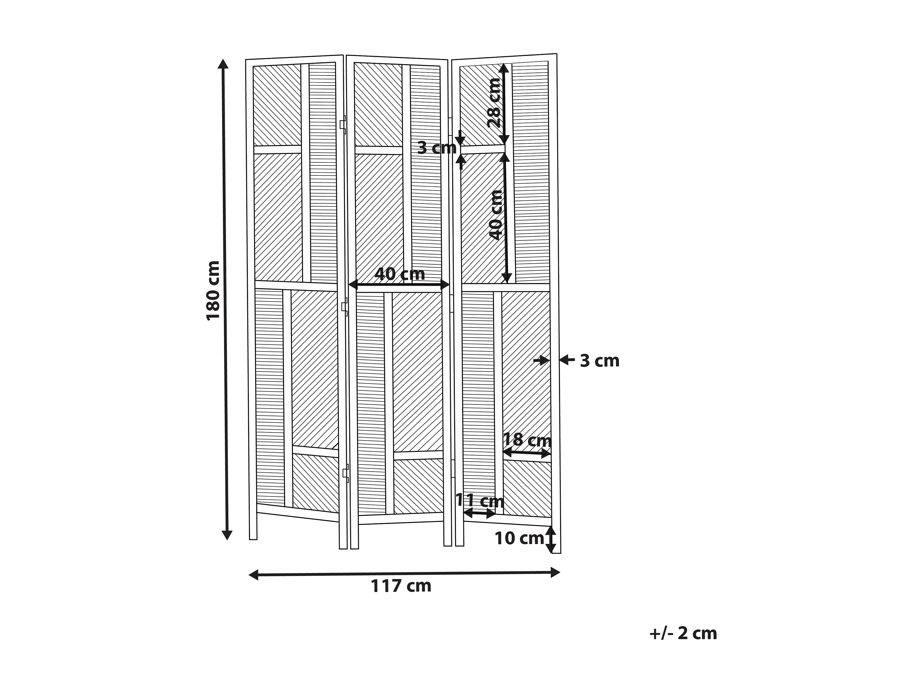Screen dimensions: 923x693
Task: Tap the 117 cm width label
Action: pyautogui.click(x=401, y=586)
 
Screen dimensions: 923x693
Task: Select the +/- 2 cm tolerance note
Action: pyautogui.click(x=683, y=633)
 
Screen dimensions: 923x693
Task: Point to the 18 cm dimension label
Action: pyautogui.click(x=527, y=440)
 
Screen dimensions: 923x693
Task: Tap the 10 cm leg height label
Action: pyautogui.click(x=519, y=538)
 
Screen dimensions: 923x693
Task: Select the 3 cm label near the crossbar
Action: pyautogui.click(x=436, y=148)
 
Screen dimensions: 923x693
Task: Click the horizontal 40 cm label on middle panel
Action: pyautogui.click(x=399, y=274)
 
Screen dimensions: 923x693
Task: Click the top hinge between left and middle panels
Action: pyautogui.click(x=343, y=125)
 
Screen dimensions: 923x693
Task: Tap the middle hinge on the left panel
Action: pyautogui.click(x=344, y=307)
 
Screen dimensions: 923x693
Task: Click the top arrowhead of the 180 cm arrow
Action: pyautogui.click(x=223, y=64)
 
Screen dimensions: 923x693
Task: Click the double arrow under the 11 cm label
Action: pyautogui.click(x=479, y=513)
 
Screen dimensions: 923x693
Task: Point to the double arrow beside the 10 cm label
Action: pyautogui.click(x=551, y=539)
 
